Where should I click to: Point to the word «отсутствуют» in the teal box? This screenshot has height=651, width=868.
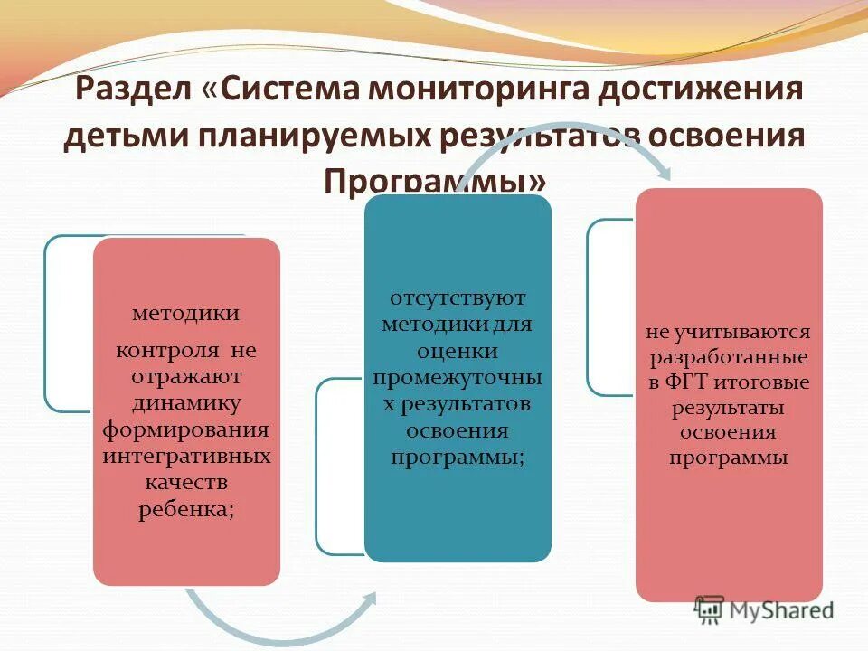click(x=458, y=298)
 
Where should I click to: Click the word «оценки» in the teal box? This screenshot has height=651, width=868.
click(x=458, y=351)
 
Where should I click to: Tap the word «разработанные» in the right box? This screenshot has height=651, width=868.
click(x=728, y=355)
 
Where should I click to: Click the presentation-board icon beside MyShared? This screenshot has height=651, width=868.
click(x=710, y=609)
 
